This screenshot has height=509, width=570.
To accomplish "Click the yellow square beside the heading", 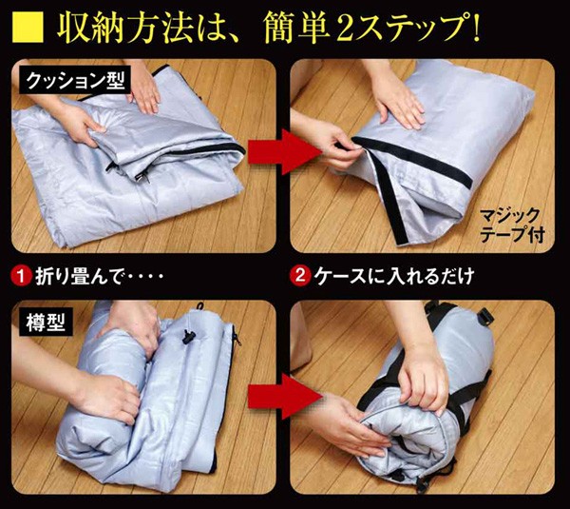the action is [28, 28].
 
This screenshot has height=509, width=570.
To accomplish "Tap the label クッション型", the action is [74, 81].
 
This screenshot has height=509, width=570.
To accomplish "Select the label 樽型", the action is [46, 323].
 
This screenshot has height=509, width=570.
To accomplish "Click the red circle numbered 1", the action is [22, 276].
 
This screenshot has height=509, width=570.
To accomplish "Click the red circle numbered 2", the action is [300, 276].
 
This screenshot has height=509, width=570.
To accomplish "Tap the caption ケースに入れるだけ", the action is [393, 276].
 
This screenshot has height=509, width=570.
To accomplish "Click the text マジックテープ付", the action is [511, 225].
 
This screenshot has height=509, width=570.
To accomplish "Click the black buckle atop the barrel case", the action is [484, 317].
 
